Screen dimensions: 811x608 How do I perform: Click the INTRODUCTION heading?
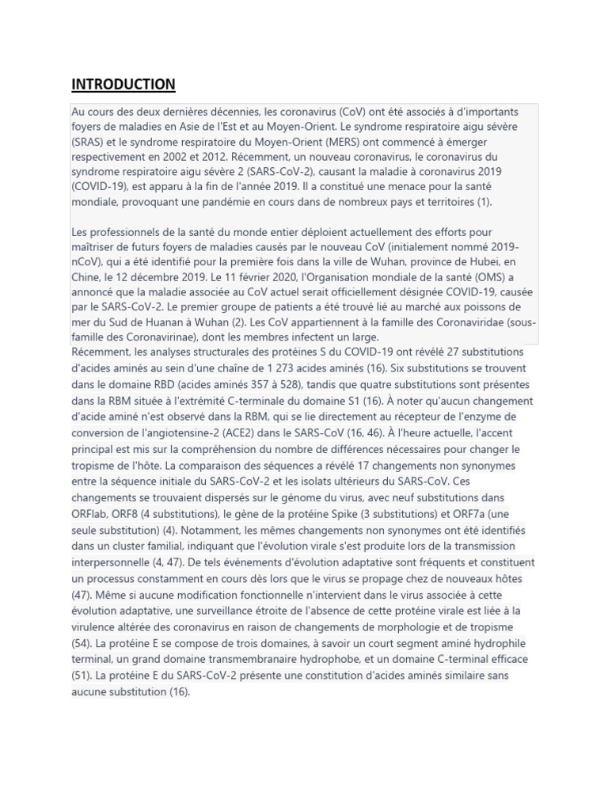coord(123,84)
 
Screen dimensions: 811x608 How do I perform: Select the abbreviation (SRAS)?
coord(89,142)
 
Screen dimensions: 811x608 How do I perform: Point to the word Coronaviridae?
coord(440,322)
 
